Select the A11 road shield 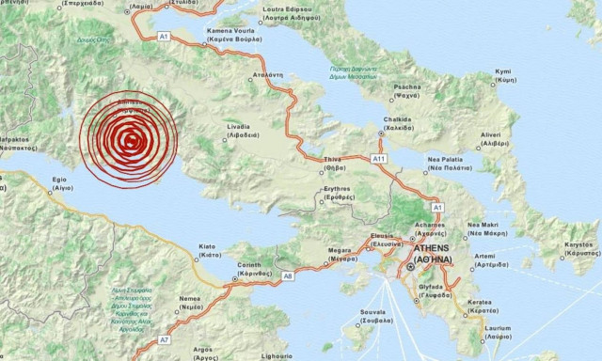379,159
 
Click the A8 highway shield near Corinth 289,276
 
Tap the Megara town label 340,252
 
